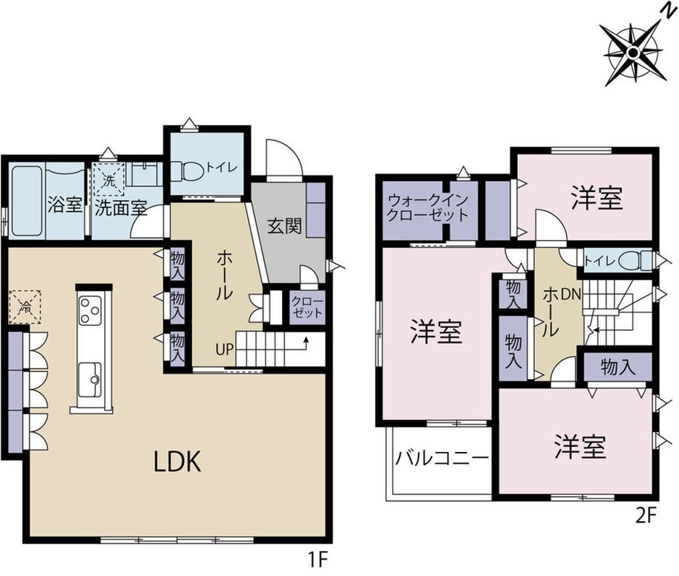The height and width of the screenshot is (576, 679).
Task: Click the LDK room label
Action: click(x=178, y=462)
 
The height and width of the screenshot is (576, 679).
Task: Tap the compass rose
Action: click(x=633, y=53)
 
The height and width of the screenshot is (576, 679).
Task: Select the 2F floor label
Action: click(x=647, y=516)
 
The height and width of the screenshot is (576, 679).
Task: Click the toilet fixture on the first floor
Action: click(x=187, y=171)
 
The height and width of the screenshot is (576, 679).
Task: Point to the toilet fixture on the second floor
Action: click(x=635, y=261)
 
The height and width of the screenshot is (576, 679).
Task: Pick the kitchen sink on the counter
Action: click(x=90, y=379)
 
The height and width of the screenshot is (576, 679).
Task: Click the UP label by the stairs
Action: click(x=224, y=349)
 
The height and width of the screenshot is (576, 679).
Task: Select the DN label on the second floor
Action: click(x=571, y=295)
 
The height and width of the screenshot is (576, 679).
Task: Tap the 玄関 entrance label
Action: click(x=284, y=226)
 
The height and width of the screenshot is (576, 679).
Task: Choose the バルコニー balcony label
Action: click(x=441, y=458)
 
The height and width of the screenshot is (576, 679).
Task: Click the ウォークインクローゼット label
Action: click(x=428, y=208)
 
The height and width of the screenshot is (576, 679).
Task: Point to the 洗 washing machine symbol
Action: click(x=109, y=179)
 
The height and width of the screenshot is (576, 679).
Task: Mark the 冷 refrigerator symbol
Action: click(x=25, y=307)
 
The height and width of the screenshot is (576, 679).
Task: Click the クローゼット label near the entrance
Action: click(x=307, y=307)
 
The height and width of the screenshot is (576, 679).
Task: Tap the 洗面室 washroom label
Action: click(x=121, y=208)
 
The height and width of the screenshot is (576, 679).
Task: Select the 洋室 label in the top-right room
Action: click(x=596, y=198)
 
